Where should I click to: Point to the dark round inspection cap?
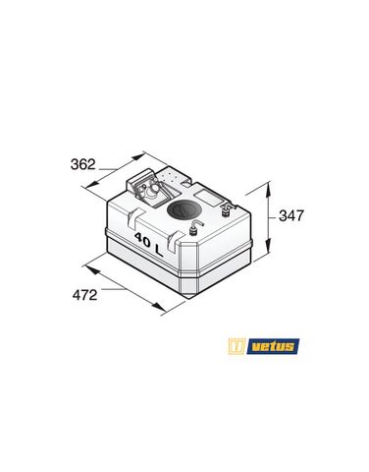tap(183, 209)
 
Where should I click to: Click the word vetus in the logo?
tap(272, 346)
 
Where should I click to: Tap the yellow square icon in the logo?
tap(237, 346)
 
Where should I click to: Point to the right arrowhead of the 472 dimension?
tap(162, 312)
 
